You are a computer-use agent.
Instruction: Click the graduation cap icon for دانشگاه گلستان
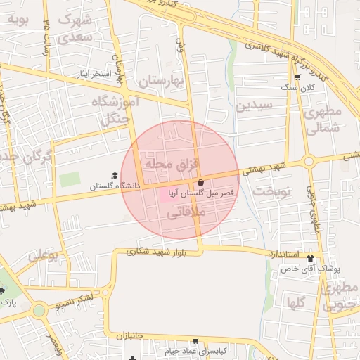pos(115,176)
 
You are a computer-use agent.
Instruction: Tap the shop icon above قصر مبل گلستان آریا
pos(200,182)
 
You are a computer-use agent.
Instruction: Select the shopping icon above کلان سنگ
pos(297,78)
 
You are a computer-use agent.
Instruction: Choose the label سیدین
pos(253,107)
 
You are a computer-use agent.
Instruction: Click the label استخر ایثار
pos(101,73)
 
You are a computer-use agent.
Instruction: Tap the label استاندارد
pos(283,253)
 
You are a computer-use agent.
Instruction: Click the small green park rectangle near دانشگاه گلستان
pos(70,179)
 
